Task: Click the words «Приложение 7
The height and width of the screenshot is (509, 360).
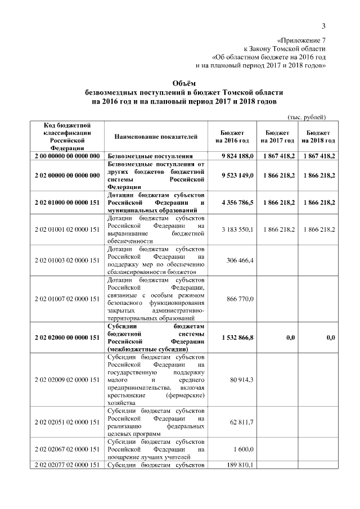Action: (x=302, y=40)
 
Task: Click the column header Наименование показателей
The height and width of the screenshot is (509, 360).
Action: (x=156, y=137)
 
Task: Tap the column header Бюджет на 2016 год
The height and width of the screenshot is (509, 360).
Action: (x=231, y=137)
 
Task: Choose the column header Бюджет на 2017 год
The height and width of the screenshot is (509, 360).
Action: (x=277, y=137)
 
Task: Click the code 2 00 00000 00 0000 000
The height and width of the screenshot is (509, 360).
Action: (x=67, y=156)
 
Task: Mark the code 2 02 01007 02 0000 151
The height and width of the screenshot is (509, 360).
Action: (x=67, y=298)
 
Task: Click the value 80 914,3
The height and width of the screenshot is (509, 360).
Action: (x=242, y=380)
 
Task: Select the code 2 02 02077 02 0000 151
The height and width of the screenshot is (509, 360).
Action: (x=67, y=465)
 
